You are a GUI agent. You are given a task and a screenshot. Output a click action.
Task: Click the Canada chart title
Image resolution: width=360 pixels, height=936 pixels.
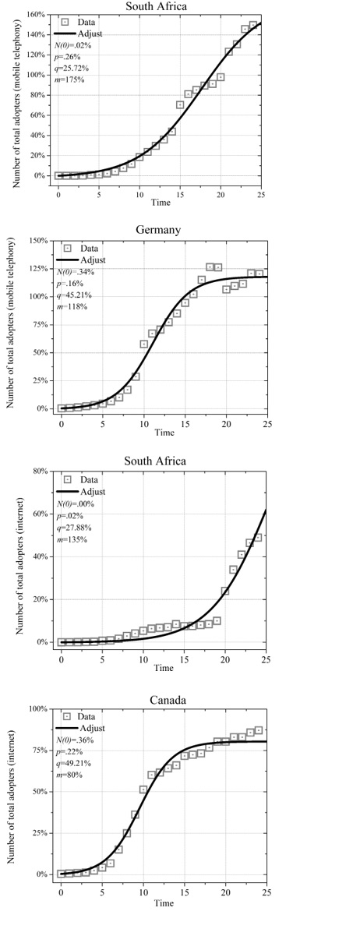pyautogui.click(x=168, y=700)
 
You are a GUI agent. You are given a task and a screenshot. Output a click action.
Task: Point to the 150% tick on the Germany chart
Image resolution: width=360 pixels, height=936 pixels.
pyautogui.click(x=38, y=241)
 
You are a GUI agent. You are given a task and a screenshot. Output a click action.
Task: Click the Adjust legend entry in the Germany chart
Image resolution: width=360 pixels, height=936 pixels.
pyautogui.click(x=90, y=260)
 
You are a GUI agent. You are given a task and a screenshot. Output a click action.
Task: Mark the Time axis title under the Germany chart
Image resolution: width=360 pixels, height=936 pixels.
pyautogui.click(x=164, y=433)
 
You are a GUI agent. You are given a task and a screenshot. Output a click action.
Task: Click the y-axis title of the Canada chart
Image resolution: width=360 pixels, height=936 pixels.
pyautogui.click(x=12, y=791)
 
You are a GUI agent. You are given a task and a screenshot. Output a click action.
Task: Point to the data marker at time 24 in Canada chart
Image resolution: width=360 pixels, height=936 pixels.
pyautogui.click(x=259, y=731)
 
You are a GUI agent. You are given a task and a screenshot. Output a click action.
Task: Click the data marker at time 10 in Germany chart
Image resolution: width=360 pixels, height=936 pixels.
pyautogui.click(x=144, y=344)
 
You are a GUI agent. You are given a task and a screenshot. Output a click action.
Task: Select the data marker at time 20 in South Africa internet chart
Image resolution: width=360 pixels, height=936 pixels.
pyautogui.click(x=225, y=592)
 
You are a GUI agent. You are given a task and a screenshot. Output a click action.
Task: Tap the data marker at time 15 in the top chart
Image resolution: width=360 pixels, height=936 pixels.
pyautogui.click(x=180, y=104)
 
